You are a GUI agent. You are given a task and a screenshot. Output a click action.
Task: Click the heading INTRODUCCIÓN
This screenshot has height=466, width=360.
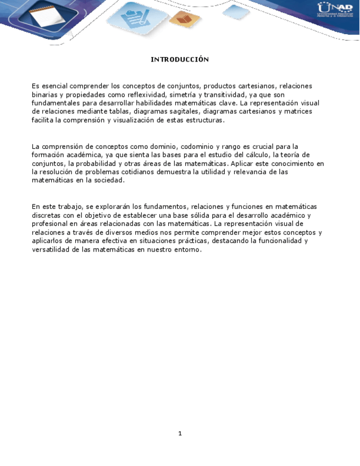(x=180, y=59)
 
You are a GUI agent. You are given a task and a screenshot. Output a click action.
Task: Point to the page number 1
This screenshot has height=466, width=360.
(x=180, y=434)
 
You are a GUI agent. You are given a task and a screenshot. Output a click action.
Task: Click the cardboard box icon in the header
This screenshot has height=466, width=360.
(x=185, y=20)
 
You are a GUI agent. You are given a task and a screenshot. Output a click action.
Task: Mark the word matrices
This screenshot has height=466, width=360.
(x=297, y=112)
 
